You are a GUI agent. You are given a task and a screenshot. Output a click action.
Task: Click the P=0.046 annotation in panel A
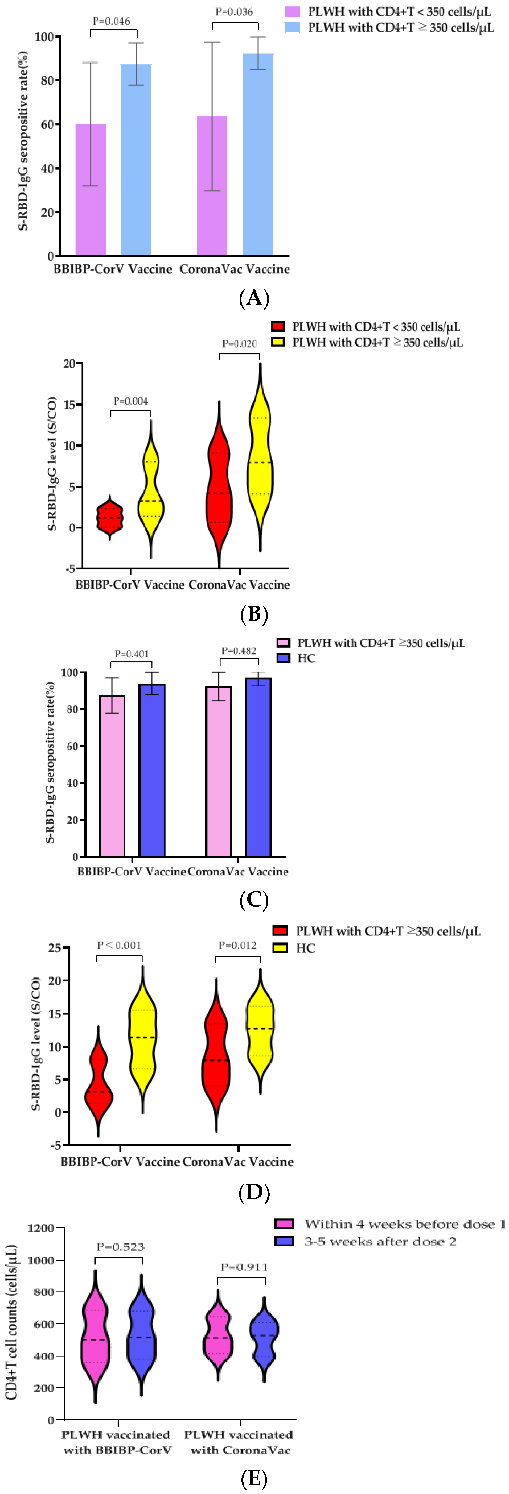click(112, 22)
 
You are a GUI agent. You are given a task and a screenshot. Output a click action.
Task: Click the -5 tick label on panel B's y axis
click(70, 569)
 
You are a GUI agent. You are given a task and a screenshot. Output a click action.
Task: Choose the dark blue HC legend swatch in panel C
click(283, 658)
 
